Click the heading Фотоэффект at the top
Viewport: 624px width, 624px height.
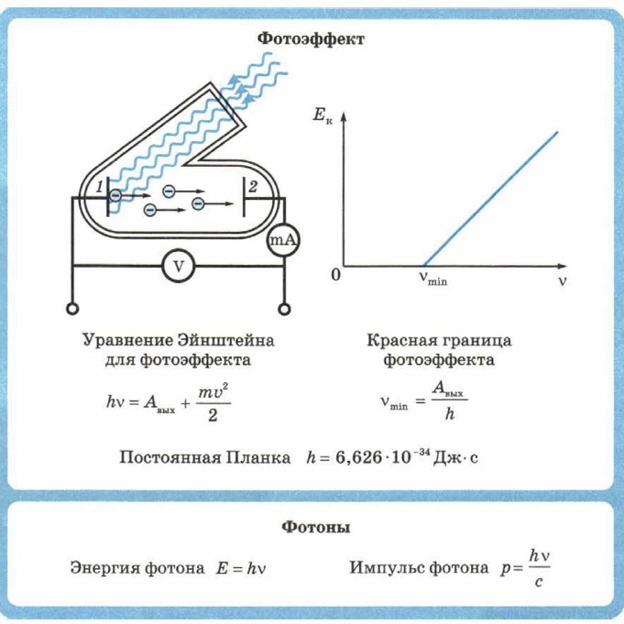coord(312,38)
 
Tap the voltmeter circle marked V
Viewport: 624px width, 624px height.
coord(180,266)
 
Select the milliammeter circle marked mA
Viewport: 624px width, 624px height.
coord(283,240)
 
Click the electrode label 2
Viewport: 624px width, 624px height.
coord(255,187)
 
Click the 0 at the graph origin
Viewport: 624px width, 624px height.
coord(335,275)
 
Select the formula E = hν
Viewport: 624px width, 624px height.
coord(243,568)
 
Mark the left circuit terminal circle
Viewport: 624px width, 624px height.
coord(70,309)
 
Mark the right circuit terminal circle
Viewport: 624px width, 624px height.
coord(284,309)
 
